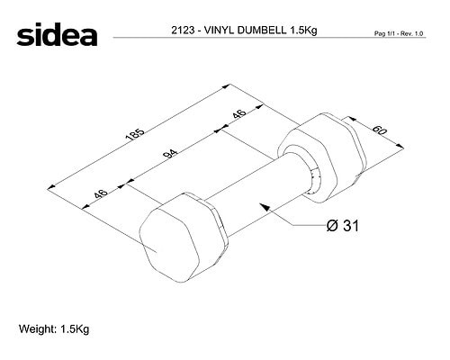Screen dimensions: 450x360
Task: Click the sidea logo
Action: click(x=57, y=34)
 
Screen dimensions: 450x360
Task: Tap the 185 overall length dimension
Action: click(x=135, y=135)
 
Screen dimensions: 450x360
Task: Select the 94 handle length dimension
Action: click(x=170, y=154)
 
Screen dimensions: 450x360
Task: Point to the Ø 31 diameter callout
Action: click(x=342, y=226)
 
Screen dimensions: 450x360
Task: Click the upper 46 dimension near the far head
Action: click(x=239, y=114)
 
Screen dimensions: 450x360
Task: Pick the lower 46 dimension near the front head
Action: click(x=101, y=193)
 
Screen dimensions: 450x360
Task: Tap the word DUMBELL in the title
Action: click(x=262, y=31)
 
